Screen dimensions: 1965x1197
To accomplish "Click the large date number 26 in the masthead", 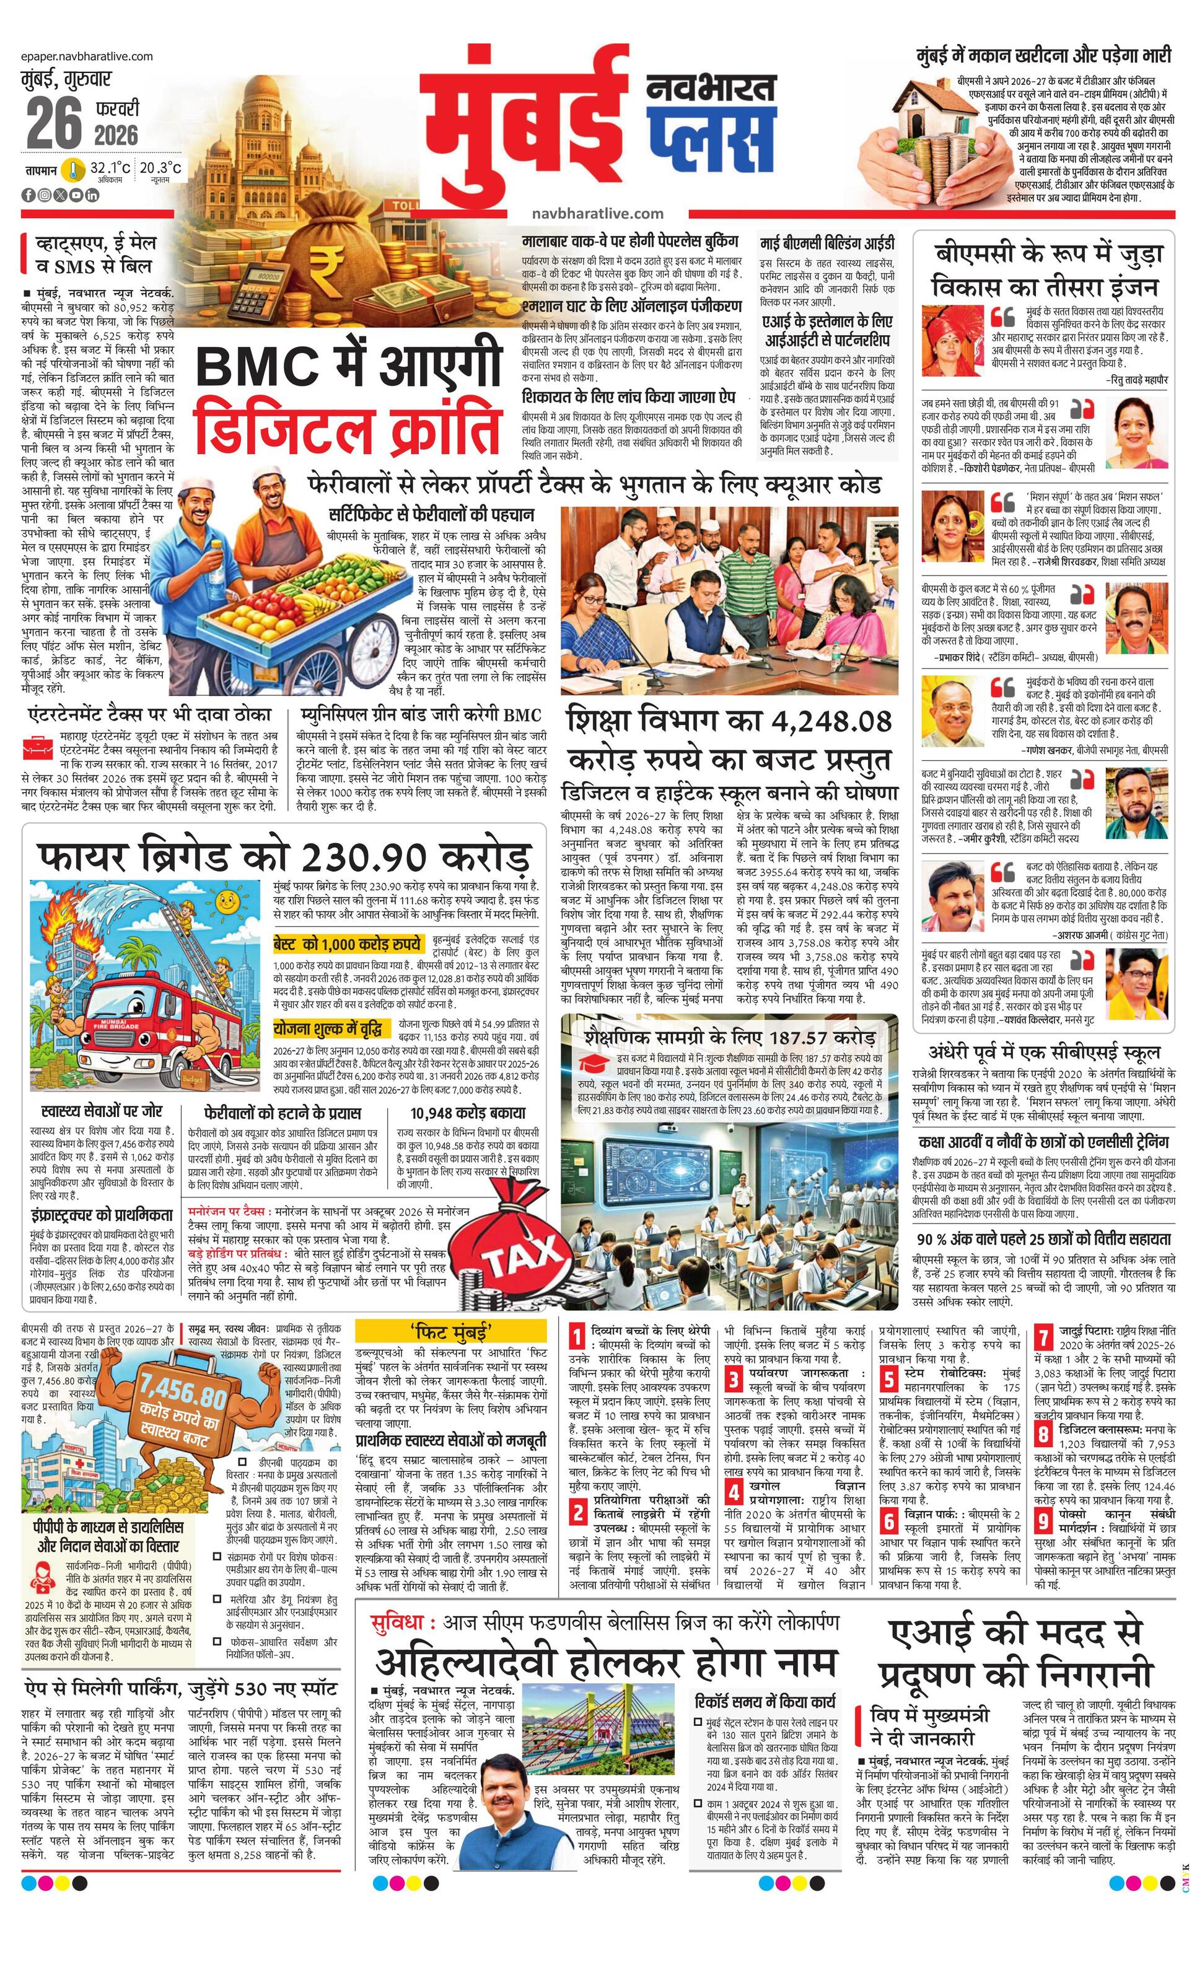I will click(55, 124).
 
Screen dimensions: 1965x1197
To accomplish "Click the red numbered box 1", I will click(579, 1337).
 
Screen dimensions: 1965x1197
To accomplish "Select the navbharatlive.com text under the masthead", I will click(597, 213).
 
